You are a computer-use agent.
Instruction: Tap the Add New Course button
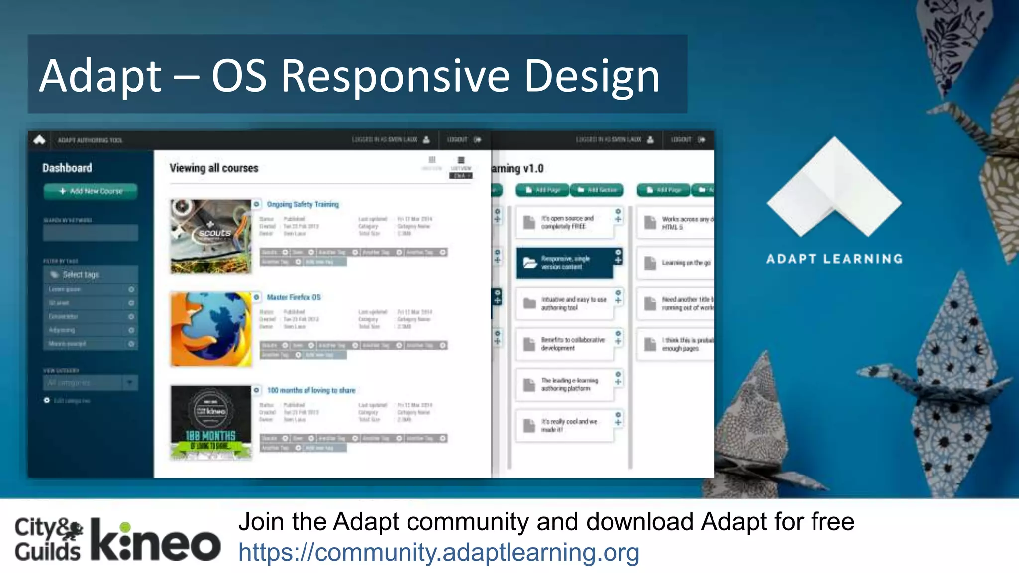pyautogui.click(x=91, y=191)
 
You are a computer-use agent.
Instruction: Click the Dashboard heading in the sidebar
pyautogui.click(x=67, y=168)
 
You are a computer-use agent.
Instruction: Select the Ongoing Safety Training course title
pyautogui.click(x=303, y=204)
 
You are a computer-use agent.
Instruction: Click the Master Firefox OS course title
pyautogui.click(x=294, y=297)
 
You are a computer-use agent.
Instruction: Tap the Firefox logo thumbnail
pyautogui.click(x=211, y=329)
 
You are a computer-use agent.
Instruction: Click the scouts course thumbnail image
pyautogui.click(x=211, y=236)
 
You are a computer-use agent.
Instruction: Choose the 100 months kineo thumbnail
pyautogui.click(x=211, y=422)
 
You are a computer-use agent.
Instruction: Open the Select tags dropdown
pyautogui.click(x=91, y=274)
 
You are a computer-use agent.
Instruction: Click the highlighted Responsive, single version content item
pyautogui.click(x=565, y=263)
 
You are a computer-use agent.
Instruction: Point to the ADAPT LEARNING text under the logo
pyautogui.click(x=834, y=259)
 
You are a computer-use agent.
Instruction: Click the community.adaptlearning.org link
pyautogui.click(x=438, y=552)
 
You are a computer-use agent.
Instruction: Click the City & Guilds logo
pyautogui.click(x=48, y=540)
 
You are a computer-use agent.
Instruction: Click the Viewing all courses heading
pyautogui.click(x=214, y=168)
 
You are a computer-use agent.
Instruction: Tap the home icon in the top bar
pyautogui.click(x=40, y=140)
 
